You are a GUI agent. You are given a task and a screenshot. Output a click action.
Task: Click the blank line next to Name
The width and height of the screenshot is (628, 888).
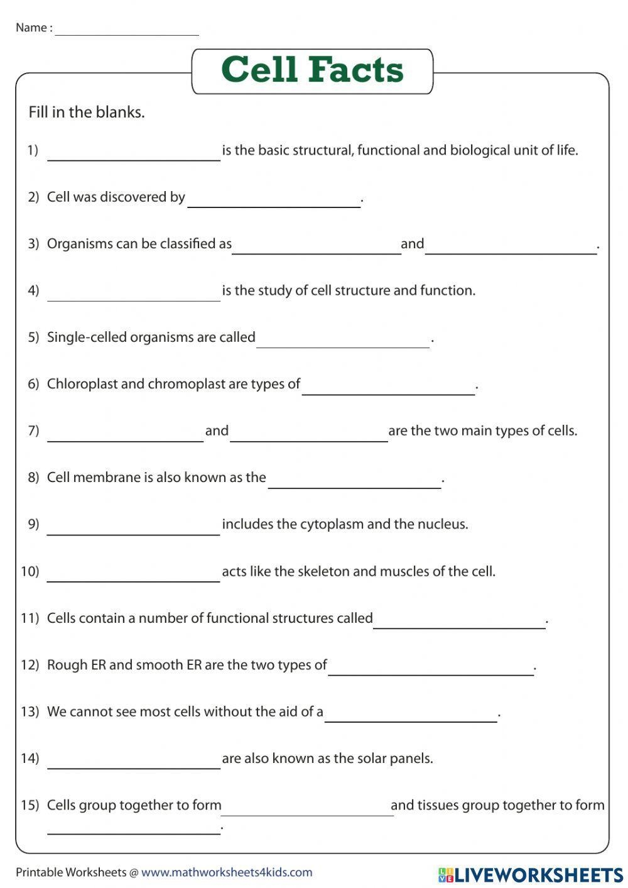coord(127,31)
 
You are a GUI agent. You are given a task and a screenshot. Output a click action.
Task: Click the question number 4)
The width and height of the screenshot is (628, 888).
coord(33,290)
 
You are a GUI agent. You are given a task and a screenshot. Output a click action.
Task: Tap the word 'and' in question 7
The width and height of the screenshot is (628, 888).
coord(217,430)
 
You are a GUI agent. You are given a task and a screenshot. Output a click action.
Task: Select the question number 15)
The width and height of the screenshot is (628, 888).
coord(30,805)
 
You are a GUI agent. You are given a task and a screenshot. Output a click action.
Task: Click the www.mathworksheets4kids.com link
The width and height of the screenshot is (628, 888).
coord(227,872)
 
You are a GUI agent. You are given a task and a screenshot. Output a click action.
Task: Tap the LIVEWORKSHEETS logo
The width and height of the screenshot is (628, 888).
coord(531,874)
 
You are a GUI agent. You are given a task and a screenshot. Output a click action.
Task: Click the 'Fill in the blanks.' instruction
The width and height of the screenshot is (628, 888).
coord(87,112)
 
